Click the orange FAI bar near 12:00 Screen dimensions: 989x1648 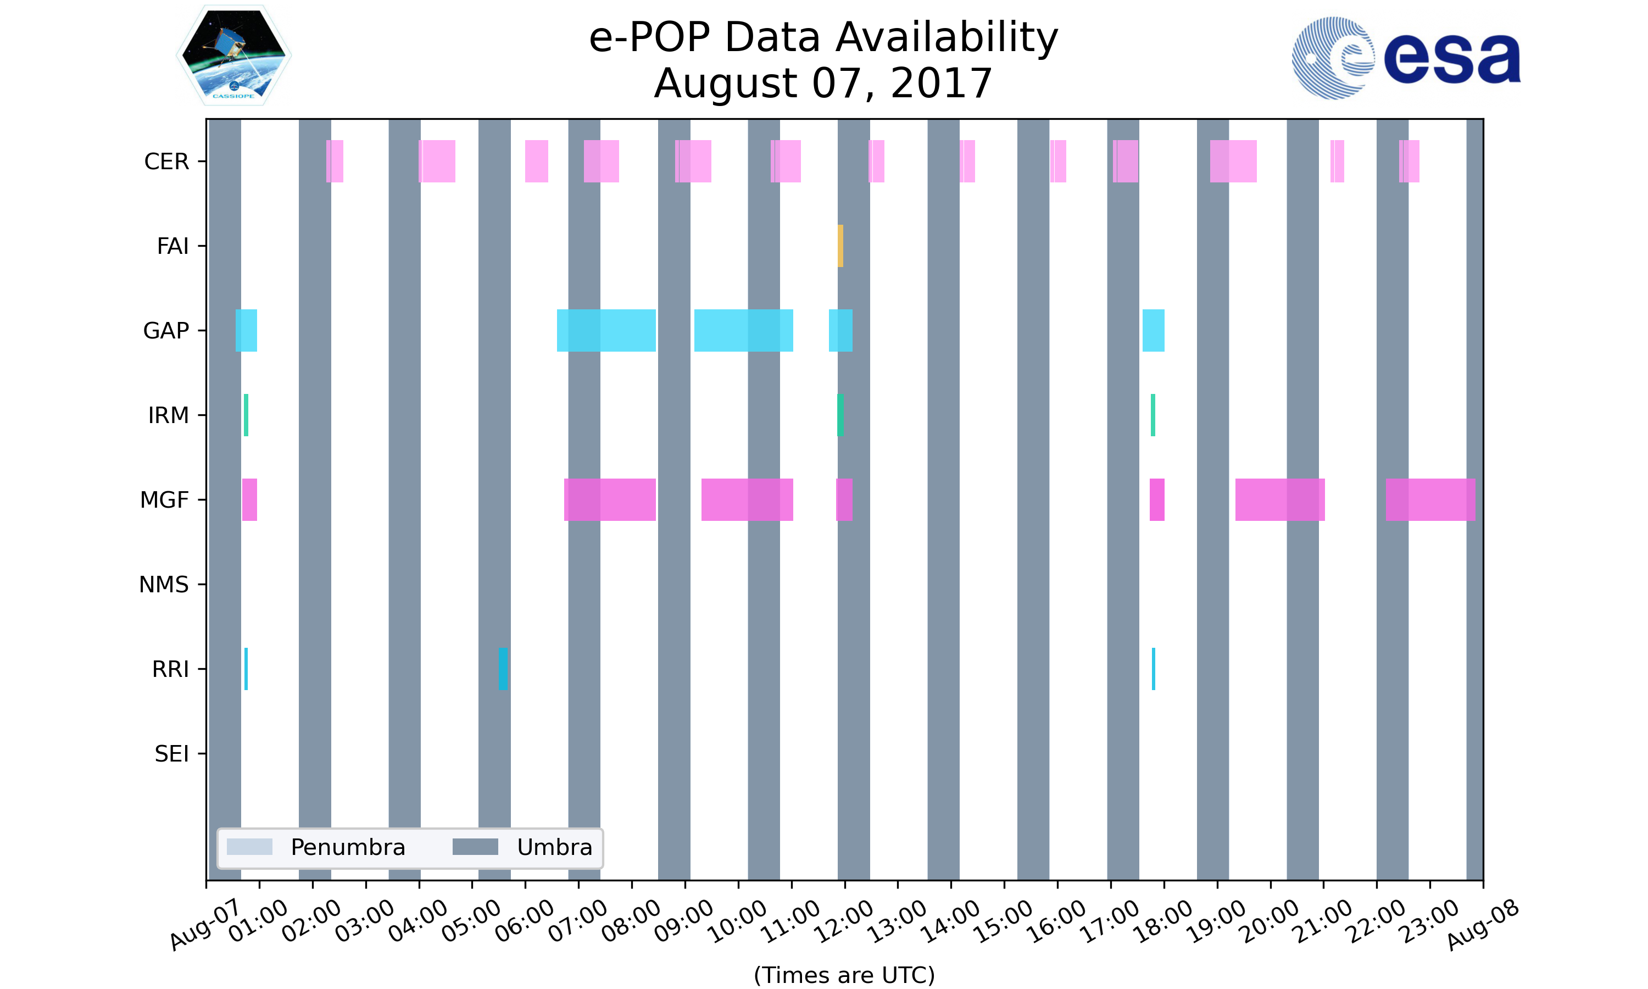coord(840,246)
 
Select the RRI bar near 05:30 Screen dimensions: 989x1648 coord(503,669)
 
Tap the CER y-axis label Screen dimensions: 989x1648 coord(166,162)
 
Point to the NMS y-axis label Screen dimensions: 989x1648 coord(164,585)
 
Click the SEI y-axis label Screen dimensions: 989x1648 coord(172,754)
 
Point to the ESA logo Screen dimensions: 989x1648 coord(1406,58)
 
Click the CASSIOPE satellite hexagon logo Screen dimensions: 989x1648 coord(234,55)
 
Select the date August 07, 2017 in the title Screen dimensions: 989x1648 coord(823,84)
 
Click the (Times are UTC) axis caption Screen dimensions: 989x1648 coord(844,975)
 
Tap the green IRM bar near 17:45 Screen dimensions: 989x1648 coord(1153,415)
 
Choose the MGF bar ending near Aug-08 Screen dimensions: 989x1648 coord(1430,499)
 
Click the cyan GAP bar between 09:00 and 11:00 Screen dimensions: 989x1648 coord(743,331)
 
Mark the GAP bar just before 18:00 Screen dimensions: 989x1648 coord(1153,331)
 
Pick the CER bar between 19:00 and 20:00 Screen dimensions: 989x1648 coord(1233,162)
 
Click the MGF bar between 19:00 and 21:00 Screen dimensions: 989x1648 coord(1279,499)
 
